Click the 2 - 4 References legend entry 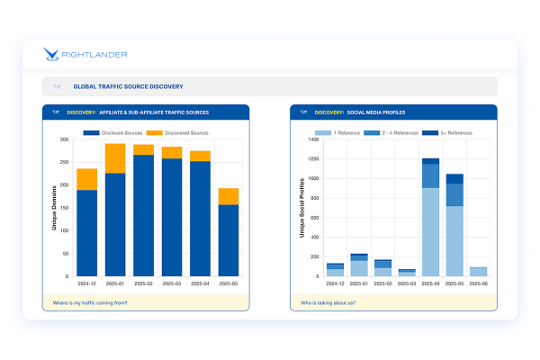[395, 133]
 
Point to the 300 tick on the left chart [63, 140]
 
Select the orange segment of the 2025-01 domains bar [115, 157]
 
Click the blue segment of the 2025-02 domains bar [143, 216]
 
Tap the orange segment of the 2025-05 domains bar [228, 196]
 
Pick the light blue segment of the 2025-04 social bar [431, 231]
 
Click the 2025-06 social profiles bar [477, 271]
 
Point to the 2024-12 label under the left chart [87, 283]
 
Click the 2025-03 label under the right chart [407, 283]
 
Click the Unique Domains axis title [54, 209]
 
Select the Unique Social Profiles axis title [301, 209]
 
